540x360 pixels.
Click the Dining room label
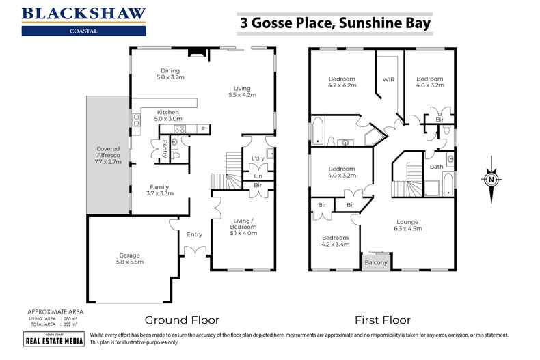(170, 74)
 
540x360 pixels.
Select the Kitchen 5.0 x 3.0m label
(167, 115)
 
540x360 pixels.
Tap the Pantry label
(165, 149)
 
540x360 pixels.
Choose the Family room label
(159, 190)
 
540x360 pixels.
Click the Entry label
(194, 234)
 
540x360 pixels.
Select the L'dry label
(258, 158)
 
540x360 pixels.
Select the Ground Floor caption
(181, 319)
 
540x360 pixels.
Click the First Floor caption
(381, 319)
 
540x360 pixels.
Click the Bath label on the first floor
(436, 167)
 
